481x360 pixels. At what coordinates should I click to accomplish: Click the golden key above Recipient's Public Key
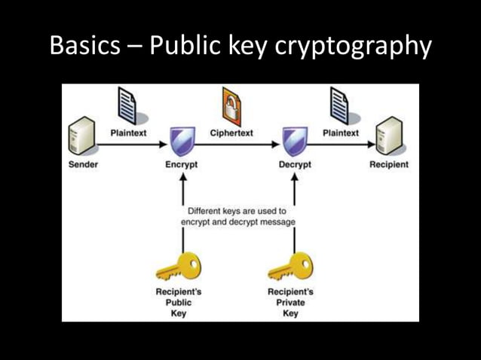(x=178, y=266)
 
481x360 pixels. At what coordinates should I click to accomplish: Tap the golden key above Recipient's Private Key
(x=291, y=266)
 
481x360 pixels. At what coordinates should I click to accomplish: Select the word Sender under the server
(x=83, y=164)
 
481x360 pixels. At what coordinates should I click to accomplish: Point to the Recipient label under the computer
(x=389, y=164)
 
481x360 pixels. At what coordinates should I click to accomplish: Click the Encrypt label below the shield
(x=181, y=164)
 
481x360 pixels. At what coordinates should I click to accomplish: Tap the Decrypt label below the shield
(x=294, y=164)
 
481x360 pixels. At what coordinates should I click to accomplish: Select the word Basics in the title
(x=84, y=47)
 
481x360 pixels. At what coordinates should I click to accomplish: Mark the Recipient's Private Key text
(x=290, y=302)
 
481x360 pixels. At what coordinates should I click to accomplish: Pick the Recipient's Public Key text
(x=178, y=302)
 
